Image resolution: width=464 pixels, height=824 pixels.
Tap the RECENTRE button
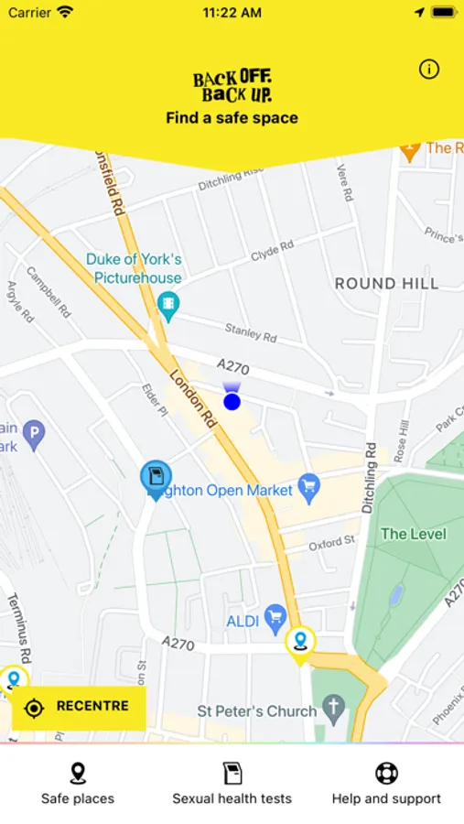coord(79,707)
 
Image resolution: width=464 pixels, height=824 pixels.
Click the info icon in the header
coord(429,70)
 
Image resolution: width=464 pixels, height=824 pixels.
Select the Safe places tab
coord(78,784)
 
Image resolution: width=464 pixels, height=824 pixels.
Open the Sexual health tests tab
coord(232,784)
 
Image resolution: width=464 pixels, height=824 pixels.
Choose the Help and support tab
coord(386,784)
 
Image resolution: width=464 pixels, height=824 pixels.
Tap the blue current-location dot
coord(232,401)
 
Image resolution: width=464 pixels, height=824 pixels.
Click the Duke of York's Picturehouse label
coord(134,268)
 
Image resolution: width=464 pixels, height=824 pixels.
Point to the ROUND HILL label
coord(386,284)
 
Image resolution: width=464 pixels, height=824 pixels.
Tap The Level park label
coord(414,534)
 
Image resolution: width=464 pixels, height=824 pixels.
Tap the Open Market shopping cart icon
coord(309,484)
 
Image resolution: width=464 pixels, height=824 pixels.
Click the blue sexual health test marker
coord(156,477)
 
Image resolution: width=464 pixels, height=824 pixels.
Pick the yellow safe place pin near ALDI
coord(299,643)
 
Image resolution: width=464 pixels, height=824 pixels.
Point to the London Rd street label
coord(193,401)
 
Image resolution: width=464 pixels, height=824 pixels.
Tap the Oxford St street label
coord(330,544)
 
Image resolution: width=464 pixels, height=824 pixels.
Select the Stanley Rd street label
coord(251,332)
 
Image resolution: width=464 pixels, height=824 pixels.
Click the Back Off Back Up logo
coord(232,85)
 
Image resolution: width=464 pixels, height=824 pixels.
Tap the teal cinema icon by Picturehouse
coord(167,303)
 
